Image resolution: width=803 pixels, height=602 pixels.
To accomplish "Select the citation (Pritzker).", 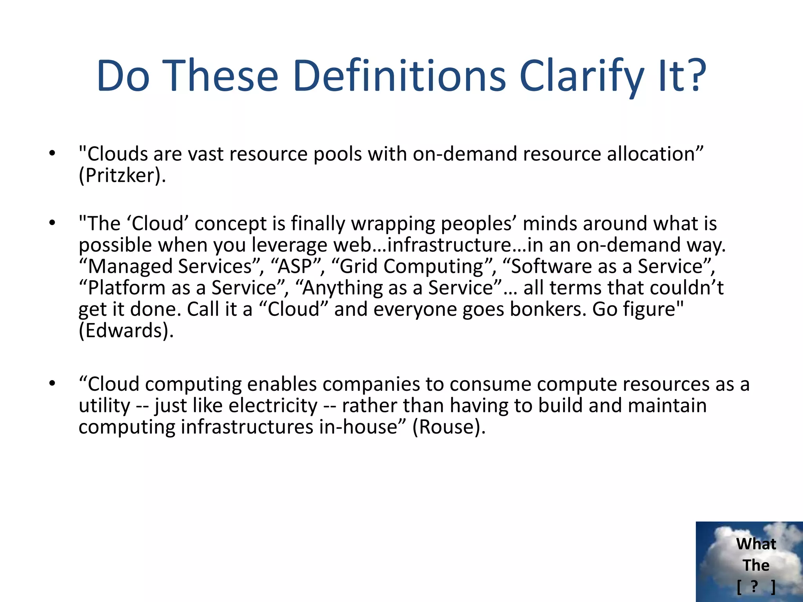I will [122, 175].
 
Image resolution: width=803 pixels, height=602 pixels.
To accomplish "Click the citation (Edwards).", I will [126, 330].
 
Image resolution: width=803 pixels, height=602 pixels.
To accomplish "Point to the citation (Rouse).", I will [449, 427].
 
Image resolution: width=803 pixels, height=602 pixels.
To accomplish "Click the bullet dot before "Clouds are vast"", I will [52, 154].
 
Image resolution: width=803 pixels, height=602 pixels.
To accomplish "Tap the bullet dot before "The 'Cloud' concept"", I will [52, 223].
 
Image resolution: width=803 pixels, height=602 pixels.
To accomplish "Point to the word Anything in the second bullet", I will [342, 288].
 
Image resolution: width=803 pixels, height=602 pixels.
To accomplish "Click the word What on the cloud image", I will [756, 544].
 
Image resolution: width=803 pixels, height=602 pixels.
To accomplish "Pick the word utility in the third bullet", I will [104, 405].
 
